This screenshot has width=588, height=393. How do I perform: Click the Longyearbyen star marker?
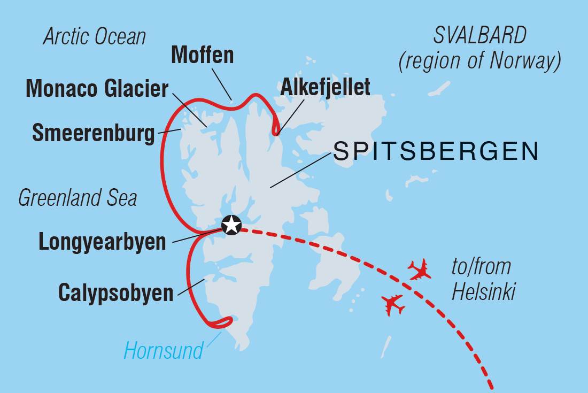pos(231,225)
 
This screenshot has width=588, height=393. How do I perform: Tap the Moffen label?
pos(203,55)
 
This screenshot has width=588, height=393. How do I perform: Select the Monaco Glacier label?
pos(97,89)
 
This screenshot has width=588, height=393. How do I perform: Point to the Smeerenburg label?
pos(94,133)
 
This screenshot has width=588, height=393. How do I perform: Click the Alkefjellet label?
pos(324,86)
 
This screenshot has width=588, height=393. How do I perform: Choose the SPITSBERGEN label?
pos(436,152)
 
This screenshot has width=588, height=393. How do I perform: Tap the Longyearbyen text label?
pos(102,242)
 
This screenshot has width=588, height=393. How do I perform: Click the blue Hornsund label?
pos(164,351)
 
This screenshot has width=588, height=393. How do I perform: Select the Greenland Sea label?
pos(78,198)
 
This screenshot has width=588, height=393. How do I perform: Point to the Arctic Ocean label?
pos(95,37)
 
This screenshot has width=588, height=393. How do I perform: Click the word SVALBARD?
pos(480,36)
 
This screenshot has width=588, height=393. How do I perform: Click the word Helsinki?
pos(484,292)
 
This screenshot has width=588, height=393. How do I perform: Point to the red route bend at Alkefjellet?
pos(276,128)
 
